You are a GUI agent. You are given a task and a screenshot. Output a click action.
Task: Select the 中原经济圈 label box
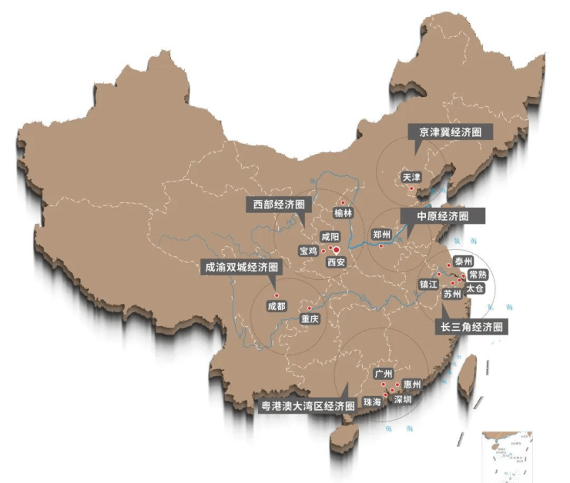click(442, 216)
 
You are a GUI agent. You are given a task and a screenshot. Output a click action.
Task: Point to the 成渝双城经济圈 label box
click(240, 267)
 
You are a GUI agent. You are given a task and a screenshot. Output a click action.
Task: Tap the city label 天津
click(411, 177)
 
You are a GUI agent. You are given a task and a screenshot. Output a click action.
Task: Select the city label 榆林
click(343, 213)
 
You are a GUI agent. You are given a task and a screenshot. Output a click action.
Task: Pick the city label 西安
click(336, 262)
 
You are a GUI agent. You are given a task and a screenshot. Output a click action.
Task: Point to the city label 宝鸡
click(308, 251)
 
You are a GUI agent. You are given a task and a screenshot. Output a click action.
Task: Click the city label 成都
click(276, 305)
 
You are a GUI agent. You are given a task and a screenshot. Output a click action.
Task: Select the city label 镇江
click(428, 284)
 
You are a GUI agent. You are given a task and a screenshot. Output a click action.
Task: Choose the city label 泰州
click(463, 261)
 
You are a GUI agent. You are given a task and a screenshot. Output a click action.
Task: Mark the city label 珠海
click(372, 401)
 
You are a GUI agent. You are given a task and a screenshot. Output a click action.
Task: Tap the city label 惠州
click(411, 384)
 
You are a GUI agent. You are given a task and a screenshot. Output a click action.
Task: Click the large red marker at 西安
click(336, 249)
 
